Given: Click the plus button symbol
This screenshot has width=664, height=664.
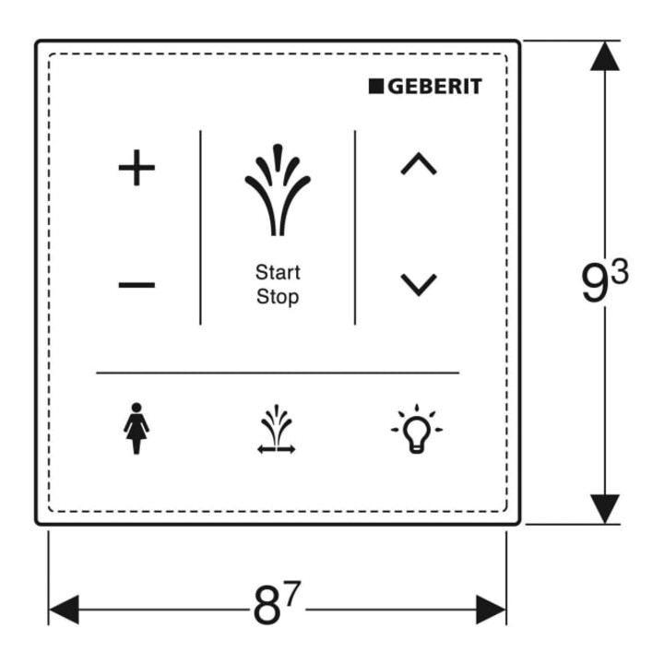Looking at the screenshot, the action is pyautogui.click(x=136, y=168).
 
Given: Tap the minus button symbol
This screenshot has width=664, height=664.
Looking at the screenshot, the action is pyautogui.click(x=136, y=284).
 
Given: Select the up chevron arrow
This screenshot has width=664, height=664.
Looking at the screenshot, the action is pyautogui.click(x=419, y=163).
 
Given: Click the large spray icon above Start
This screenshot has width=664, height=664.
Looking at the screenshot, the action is pyautogui.click(x=278, y=190).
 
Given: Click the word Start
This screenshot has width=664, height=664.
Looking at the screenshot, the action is pyautogui.click(x=278, y=272).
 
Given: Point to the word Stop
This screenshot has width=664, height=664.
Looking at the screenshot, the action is pyautogui.click(x=278, y=297).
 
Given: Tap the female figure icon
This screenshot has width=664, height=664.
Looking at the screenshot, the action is pyautogui.click(x=136, y=428).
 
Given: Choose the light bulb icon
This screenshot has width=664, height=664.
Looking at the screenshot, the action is pyautogui.click(x=417, y=429).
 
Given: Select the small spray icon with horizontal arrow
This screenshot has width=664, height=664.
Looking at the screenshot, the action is pyautogui.click(x=277, y=430).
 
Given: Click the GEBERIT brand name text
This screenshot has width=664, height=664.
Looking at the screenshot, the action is pyautogui.click(x=435, y=87).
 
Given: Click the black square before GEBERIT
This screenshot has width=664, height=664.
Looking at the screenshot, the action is pyautogui.click(x=376, y=86).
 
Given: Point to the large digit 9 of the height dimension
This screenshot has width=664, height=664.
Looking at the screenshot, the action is pyautogui.click(x=596, y=281).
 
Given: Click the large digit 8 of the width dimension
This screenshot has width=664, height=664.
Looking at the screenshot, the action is pyautogui.click(x=267, y=604).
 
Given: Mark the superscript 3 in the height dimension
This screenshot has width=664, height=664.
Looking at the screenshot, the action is pyautogui.click(x=621, y=271).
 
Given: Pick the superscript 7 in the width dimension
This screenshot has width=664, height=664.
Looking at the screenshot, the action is pyautogui.click(x=292, y=593).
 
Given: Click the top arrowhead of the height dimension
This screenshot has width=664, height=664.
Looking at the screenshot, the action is pyautogui.click(x=605, y=55).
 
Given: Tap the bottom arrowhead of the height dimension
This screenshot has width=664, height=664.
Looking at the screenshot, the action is pyautogui.click(x=605, y=509).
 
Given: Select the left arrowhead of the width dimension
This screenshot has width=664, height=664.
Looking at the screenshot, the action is pyautogui.click(x=64, y=610).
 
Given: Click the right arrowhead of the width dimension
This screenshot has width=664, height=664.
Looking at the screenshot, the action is pyautogui.click(x=492, y=610).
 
